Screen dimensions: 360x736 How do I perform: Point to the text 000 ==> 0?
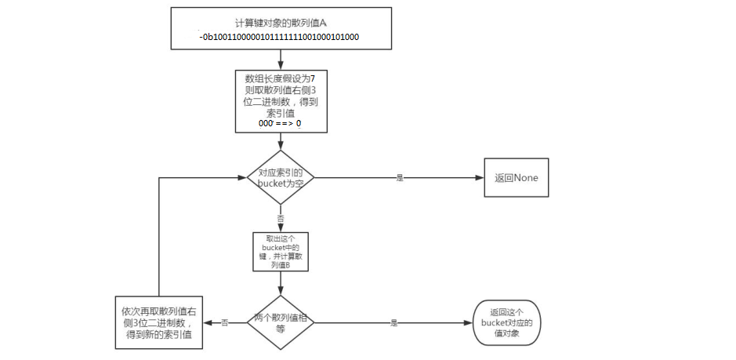pyautogui.click(x=280, y=124)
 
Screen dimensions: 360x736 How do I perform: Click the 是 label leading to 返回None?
pyautogui.click(x=400, y=178)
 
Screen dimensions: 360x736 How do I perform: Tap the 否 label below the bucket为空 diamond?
pyautogui.click(x=281, y=217)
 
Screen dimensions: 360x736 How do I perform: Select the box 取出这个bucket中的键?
pyautogui.click(x=281, y=252)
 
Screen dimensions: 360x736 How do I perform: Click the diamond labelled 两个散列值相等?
pyautogui.click(x=281, y=322)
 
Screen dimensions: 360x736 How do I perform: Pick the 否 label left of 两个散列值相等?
pyautogui.click(x=224, y=322)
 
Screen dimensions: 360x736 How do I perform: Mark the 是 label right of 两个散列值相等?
pyautogui.click(x=394, y=322)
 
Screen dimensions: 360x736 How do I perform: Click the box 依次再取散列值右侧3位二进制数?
pyautogui.click(x=159, y=322)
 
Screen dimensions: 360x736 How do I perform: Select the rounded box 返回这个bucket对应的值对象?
pyautogui.click(x=507, y=322)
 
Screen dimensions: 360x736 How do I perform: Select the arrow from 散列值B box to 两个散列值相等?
pyautogui.click(x=281, y=283)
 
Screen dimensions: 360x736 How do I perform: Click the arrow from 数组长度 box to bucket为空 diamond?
pyautogui.click(x=281, y=142)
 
